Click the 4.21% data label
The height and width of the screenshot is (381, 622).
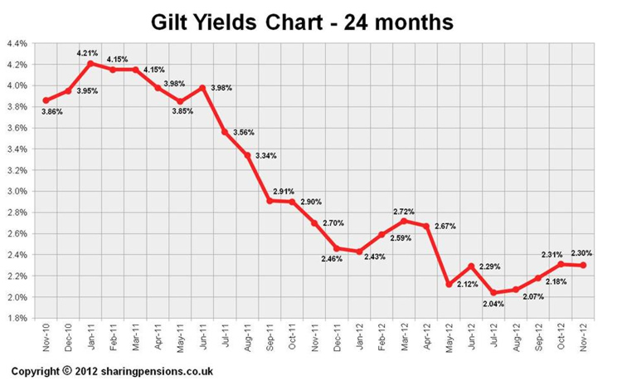(88, 53)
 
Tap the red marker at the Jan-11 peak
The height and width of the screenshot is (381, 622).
(90, 63)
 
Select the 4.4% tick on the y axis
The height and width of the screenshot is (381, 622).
(17, 43)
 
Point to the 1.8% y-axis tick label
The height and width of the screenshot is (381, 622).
(17, 318)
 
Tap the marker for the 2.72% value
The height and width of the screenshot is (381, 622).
(405, 221)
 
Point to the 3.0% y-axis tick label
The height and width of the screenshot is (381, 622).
(17, 191)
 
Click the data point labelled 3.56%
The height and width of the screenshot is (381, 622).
(225, 132)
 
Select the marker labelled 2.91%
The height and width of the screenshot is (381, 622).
(270, 200)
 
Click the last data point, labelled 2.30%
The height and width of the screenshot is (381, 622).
(585, 265)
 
